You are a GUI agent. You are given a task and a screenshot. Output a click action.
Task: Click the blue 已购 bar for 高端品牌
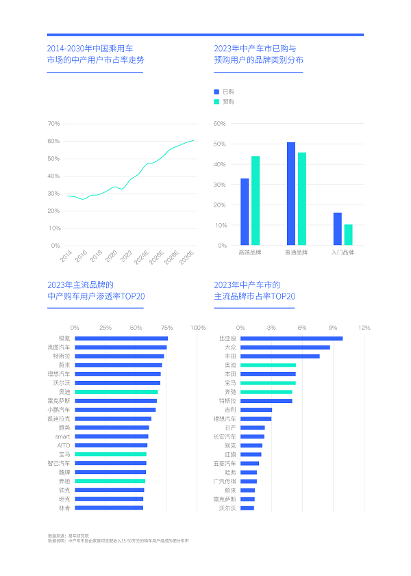pos(245,211)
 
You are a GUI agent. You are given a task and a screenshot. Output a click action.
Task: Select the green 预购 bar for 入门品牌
pos(348,235)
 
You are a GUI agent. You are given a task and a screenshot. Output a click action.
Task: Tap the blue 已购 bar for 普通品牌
pos(291,194)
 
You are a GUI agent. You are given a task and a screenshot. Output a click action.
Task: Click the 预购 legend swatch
pos(216,101)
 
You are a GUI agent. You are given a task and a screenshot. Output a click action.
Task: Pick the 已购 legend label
pos(228,91)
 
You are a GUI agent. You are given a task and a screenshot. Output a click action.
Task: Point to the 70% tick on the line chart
pos(53,124)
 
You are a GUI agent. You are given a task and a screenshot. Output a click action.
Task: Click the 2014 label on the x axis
pos(66,257)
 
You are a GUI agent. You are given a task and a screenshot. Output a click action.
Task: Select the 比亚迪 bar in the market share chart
pos(291,338)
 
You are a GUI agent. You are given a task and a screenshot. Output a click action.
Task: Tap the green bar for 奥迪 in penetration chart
pos(116,392)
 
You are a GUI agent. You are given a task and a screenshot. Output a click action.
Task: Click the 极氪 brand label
pos(64,338)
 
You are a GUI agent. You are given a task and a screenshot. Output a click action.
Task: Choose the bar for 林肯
pos(108,508)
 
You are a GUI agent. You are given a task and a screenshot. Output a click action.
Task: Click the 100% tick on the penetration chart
pos(198,328)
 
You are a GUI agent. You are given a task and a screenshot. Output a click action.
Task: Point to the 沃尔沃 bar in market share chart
pos(247,508)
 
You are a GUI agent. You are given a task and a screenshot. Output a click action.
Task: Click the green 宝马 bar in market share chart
pos(268,383)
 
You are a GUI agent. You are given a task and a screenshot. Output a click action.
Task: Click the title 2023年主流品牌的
pos(80,285)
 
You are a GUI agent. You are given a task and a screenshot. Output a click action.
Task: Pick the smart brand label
pos(62,436)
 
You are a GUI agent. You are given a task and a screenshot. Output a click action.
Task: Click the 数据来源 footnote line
pos(68,535)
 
